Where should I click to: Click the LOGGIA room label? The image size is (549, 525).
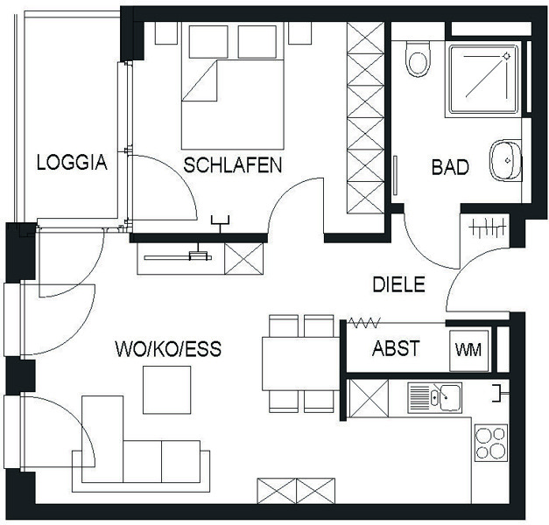tap(72, 163)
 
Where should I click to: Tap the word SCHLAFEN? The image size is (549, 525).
tap(233, 165)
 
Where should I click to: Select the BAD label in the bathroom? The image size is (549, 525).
tap(450, 167)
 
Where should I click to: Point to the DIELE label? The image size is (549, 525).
tap(398, 284)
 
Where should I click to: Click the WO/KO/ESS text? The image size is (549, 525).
tap(168, 348)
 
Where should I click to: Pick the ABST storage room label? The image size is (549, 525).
tap(396, 348)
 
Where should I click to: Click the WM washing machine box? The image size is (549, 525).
tap(468, 350)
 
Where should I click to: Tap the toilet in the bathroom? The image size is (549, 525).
tap(418, 59)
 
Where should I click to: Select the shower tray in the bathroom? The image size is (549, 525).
tap(483, 79)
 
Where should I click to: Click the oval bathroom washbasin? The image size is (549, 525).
tap(505, 160)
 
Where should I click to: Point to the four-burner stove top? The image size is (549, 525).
tap(491, 443)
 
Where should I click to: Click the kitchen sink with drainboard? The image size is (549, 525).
tap(435, 397)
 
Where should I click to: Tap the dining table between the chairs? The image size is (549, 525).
tap(300, 364)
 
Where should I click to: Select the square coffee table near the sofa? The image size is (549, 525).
tap(167, 390)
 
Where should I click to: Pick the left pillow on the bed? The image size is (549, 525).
tap(208, 42)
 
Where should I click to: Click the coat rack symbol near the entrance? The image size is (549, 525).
tap(489, 227)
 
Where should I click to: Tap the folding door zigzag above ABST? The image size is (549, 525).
tap(364, 323)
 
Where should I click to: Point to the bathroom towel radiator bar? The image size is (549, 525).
tap(395, 175)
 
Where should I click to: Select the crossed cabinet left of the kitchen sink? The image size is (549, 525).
tap(369, 398)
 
